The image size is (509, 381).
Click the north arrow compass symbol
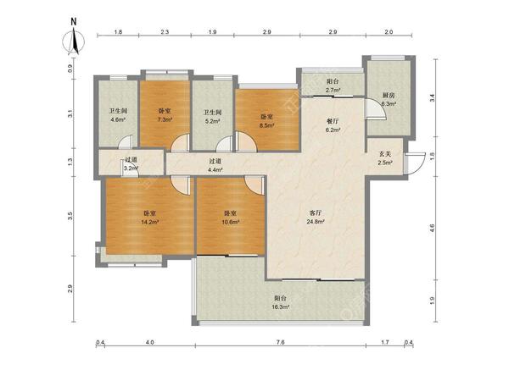(74, 41)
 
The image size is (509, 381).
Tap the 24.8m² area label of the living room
(316, 222)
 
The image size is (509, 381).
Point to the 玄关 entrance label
(385, 155)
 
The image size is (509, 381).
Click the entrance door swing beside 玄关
(415, 163)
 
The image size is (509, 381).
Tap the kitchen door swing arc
(376, 109)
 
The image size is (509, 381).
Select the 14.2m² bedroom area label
(149, 222)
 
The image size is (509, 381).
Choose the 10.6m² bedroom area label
(231, 222)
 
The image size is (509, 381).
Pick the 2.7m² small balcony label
(333, 90)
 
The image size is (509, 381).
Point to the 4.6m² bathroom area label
(118, 119)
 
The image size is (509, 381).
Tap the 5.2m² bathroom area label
(212, 121)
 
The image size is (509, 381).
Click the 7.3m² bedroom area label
(165, 119)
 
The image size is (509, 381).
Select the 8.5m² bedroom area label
(267, 125)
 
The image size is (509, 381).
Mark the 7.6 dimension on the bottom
(281, 342)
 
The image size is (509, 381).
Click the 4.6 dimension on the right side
(432, 228)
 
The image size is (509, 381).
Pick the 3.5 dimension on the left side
(70, 217)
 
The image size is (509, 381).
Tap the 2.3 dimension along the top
(165, 32)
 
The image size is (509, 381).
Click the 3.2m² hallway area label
(131, 168)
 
